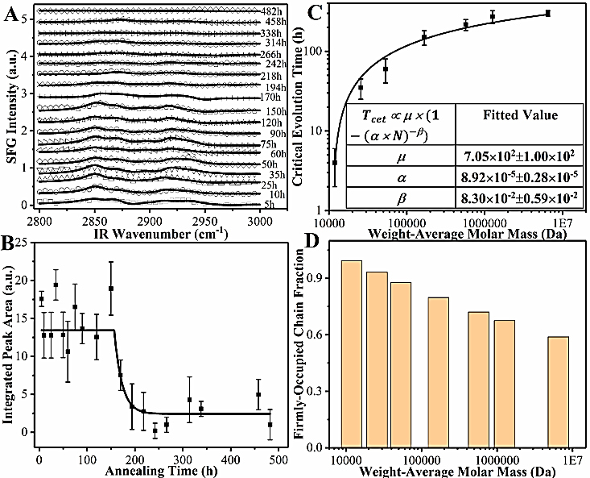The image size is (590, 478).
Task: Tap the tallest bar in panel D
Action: tap(352, 354)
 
